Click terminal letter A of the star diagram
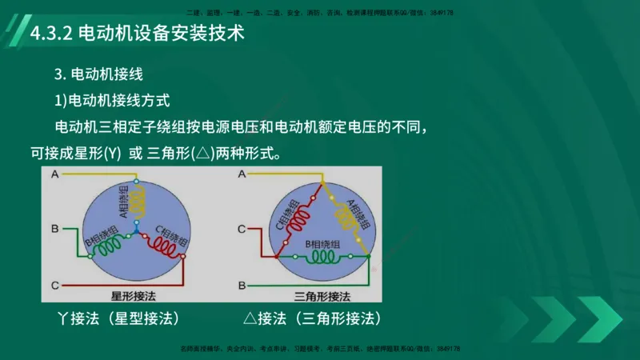[x=54, y=174]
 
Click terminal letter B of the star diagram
[x=54, y=229]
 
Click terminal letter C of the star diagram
[x=54, y=285]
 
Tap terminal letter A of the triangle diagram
[x=241, y=174]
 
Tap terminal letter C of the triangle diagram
[x=241, y=230]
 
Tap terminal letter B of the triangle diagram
[x=241, y=284]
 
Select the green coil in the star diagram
[x=106, y=249]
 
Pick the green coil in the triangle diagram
[x=323, y=258]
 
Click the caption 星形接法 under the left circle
[x=136, y=295]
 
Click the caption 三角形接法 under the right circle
[x=322, y=295]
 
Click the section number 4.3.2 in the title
[x=51, y=34]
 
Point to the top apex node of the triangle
[x=323, y=182]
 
